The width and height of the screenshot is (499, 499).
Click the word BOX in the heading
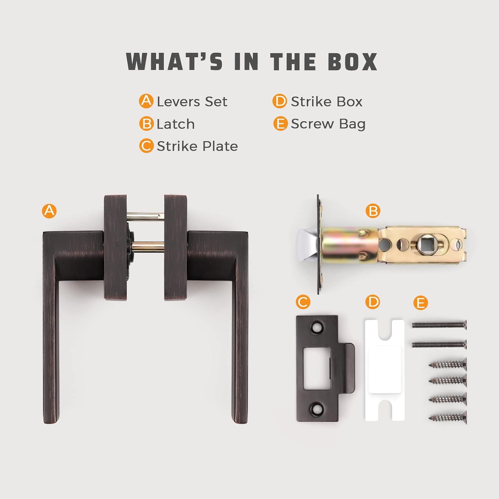(353, 62)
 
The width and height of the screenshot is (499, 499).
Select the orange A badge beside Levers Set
(146, 101)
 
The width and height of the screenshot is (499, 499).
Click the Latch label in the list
(175, 124)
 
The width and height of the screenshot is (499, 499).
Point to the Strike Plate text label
(197, 146)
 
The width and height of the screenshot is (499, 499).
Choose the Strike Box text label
(326, 101)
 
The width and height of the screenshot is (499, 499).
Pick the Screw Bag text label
(328, 124)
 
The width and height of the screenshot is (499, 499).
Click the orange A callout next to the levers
(49, 211)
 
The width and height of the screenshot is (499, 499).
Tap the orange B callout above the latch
(373, 211)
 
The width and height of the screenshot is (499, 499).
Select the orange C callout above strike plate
(303, 302)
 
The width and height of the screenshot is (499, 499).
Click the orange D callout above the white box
(372, 302)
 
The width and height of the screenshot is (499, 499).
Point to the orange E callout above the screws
(420, 303)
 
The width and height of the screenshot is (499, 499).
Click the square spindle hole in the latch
(424, 245)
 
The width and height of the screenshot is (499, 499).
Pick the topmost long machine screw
(439, 325)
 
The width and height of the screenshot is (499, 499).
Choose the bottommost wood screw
(448, 417)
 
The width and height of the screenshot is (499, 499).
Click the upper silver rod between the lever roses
(145, 217)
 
